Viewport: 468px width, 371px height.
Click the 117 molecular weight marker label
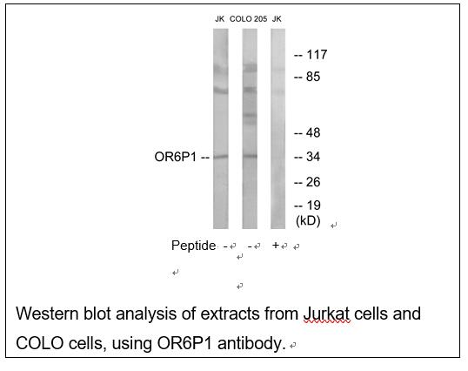(317, 55)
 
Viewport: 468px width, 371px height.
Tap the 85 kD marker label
(313, 77)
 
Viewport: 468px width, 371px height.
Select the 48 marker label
(313, 132)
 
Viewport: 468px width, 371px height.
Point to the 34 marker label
(313, 157)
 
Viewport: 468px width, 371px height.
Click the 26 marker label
(313, 182)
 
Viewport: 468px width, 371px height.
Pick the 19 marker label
(313, 206)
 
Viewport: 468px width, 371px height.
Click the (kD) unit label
(308, 221)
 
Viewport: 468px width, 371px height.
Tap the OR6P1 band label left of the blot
(176, 157)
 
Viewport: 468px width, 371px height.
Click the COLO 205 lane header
(248, 19)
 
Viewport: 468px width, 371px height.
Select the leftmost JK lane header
(220, 19)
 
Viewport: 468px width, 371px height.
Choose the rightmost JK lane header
(277, 19)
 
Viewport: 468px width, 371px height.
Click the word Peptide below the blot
(193, 246)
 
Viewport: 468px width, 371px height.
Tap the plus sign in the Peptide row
(276, 246)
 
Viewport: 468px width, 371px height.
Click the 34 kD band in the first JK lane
(221, 157)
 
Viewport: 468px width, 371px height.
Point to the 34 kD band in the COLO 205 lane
(250, 156)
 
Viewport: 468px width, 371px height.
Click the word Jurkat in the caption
(327, 314)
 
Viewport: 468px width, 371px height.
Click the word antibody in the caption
(250, 343)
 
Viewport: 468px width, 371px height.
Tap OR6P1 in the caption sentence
(184, 343)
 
